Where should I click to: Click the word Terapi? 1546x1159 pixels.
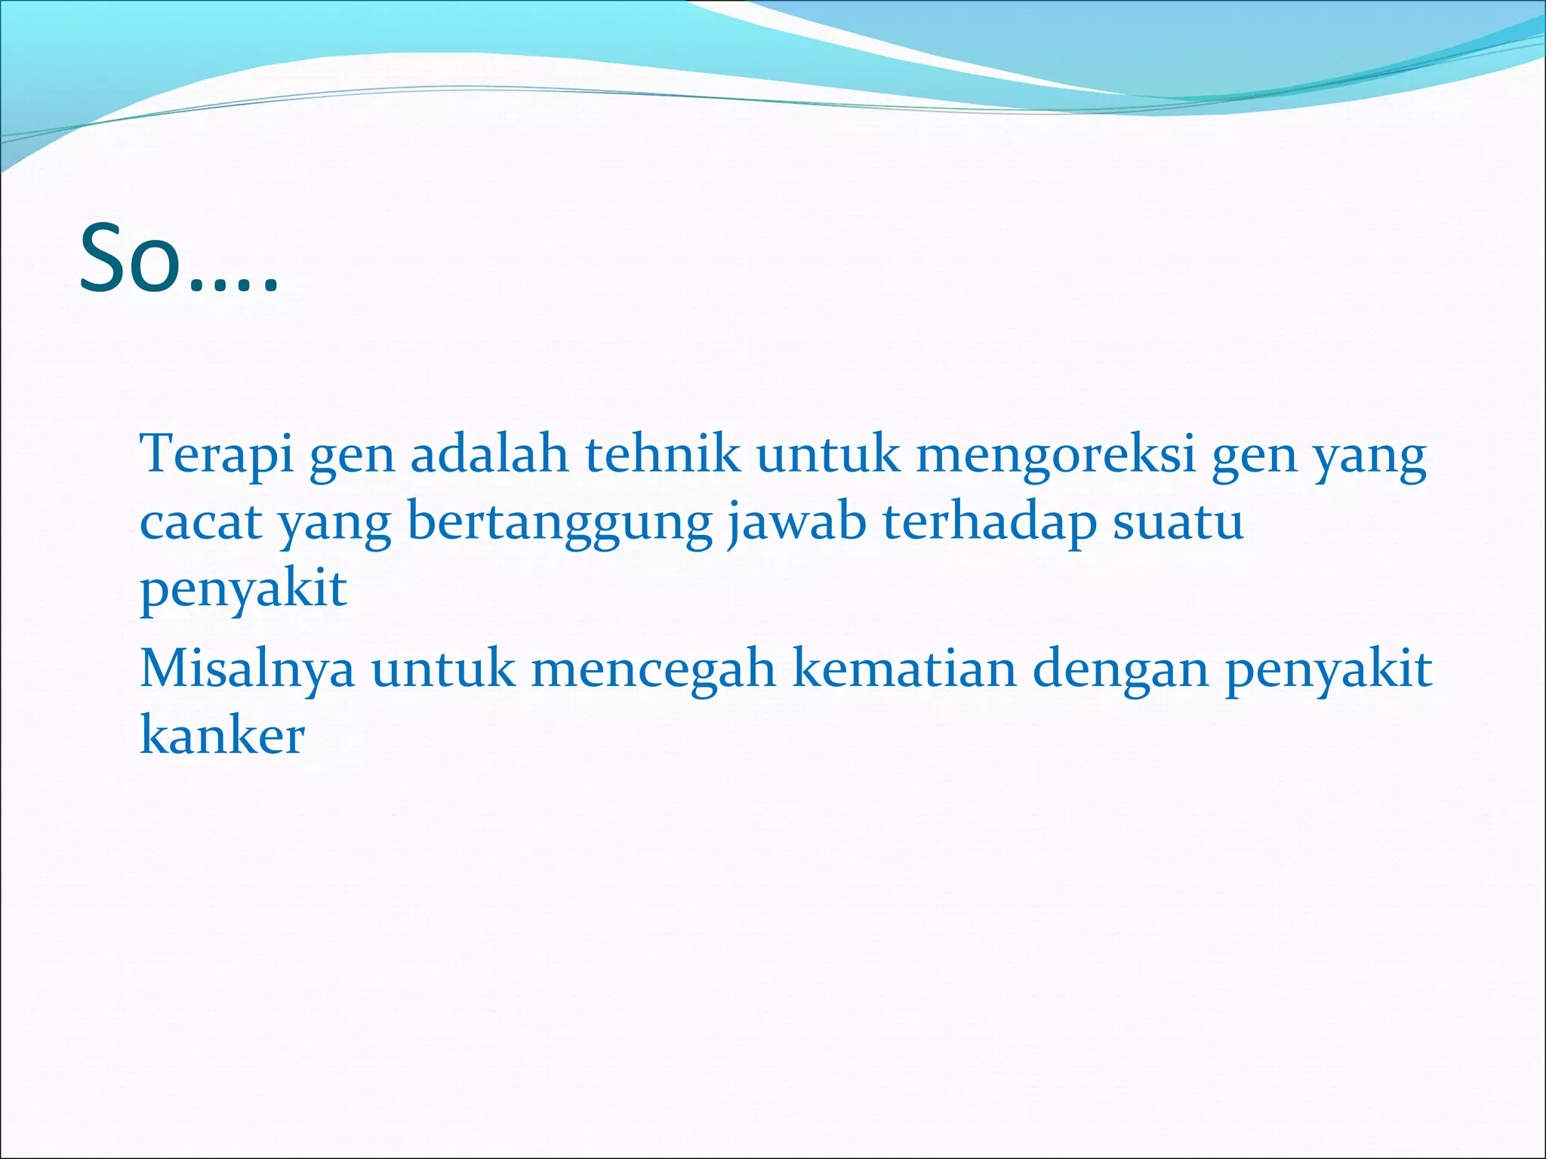[x=217, y=455]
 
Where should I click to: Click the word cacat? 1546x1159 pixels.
[x=201, y=521]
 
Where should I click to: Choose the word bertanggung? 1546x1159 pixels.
[x=559, y=523]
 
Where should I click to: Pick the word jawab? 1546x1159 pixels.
[x=797, y=521]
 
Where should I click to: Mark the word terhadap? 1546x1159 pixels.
[x=990, y=521]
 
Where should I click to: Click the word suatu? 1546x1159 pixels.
[x=1178, y=521]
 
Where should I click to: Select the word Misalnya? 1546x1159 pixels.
[x=248, y=669]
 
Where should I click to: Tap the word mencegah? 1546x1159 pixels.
[x=654, y=669]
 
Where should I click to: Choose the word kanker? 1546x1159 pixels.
[x=223, y=735]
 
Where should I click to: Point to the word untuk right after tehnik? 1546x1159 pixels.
[x=828, y=455]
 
